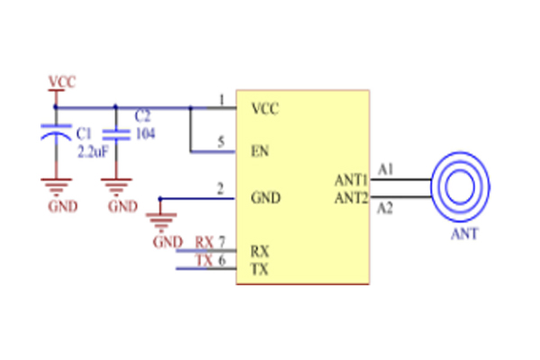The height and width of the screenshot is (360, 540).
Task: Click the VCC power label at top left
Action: pyautogui.click(x=61, y=82)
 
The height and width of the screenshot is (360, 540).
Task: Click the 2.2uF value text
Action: pyautogui.click(x=93, y=152)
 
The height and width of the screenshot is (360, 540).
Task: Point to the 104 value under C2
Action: pyautogui.click(x=144, y=132)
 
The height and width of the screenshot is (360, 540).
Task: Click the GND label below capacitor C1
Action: pyautogui.click(x=61, y=206)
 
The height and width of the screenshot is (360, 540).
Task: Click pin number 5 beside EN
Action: pyautogui.click(x=220, y=141)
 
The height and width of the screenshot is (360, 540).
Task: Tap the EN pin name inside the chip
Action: pyautogui.click(x=259, y=151)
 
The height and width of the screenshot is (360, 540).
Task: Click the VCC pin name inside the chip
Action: pyautogui.click(x=265, y=109)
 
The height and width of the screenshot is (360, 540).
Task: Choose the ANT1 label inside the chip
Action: pyautogui.click(x=351, y=179)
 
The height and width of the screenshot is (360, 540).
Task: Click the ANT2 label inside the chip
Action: pyautogui.click(x=351, y=197)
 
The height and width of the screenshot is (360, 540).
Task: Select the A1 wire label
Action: pyautogui.click(x=386, y=168)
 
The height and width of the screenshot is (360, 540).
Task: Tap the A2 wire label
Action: pyautogui.click(x=386, y=209)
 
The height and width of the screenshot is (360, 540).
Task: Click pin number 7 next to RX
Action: pyautogui.click(x=221, y=243)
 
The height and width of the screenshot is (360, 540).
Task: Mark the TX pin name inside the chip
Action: pyautogui.click(x=258, y=269)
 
